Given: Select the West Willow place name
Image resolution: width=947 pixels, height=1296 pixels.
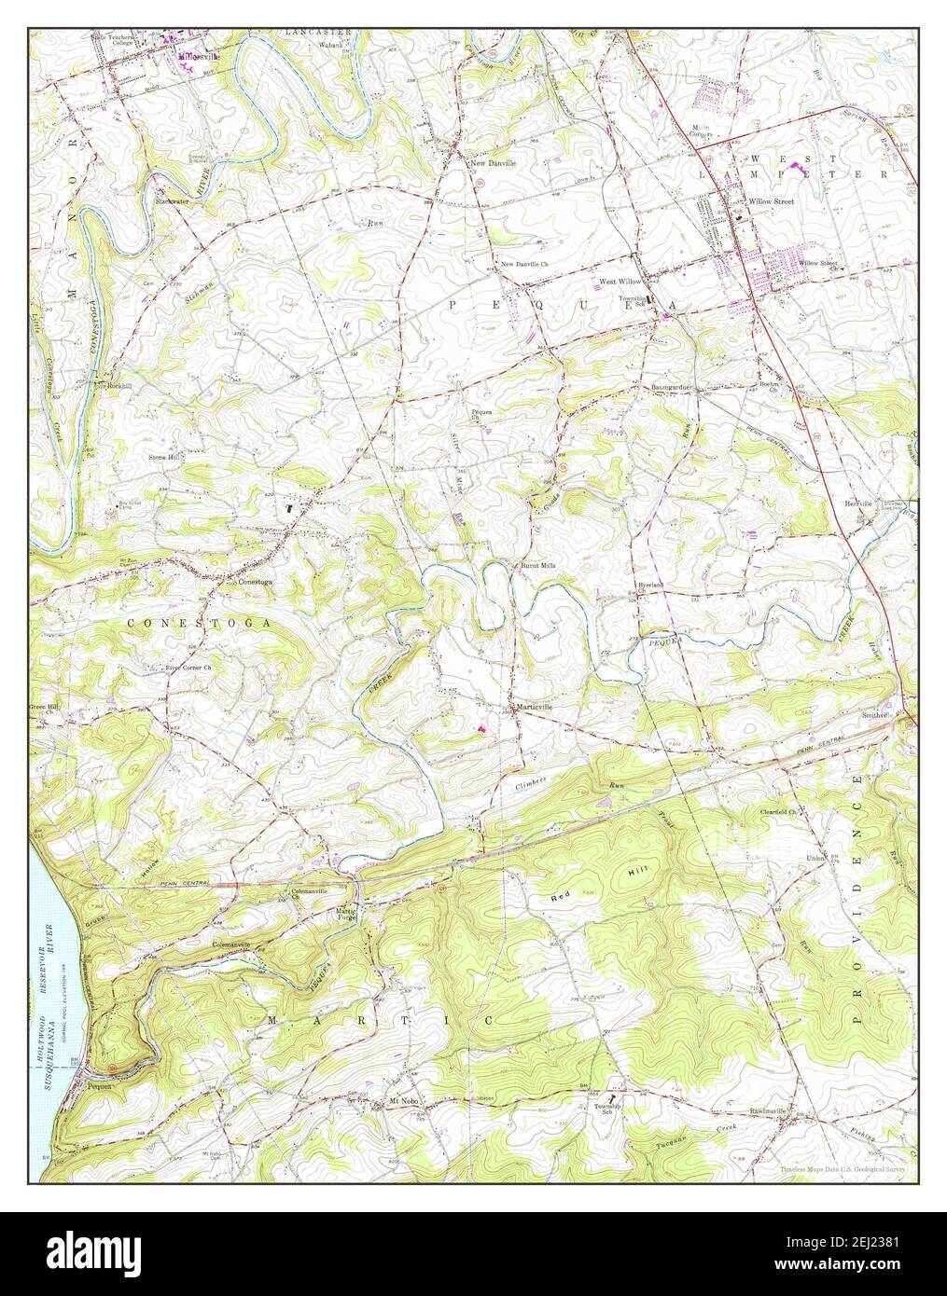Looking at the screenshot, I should pyautogui.click(x=621, y=280).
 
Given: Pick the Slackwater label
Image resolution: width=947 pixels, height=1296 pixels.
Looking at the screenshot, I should pyautogui.click(x=172, y=200).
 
